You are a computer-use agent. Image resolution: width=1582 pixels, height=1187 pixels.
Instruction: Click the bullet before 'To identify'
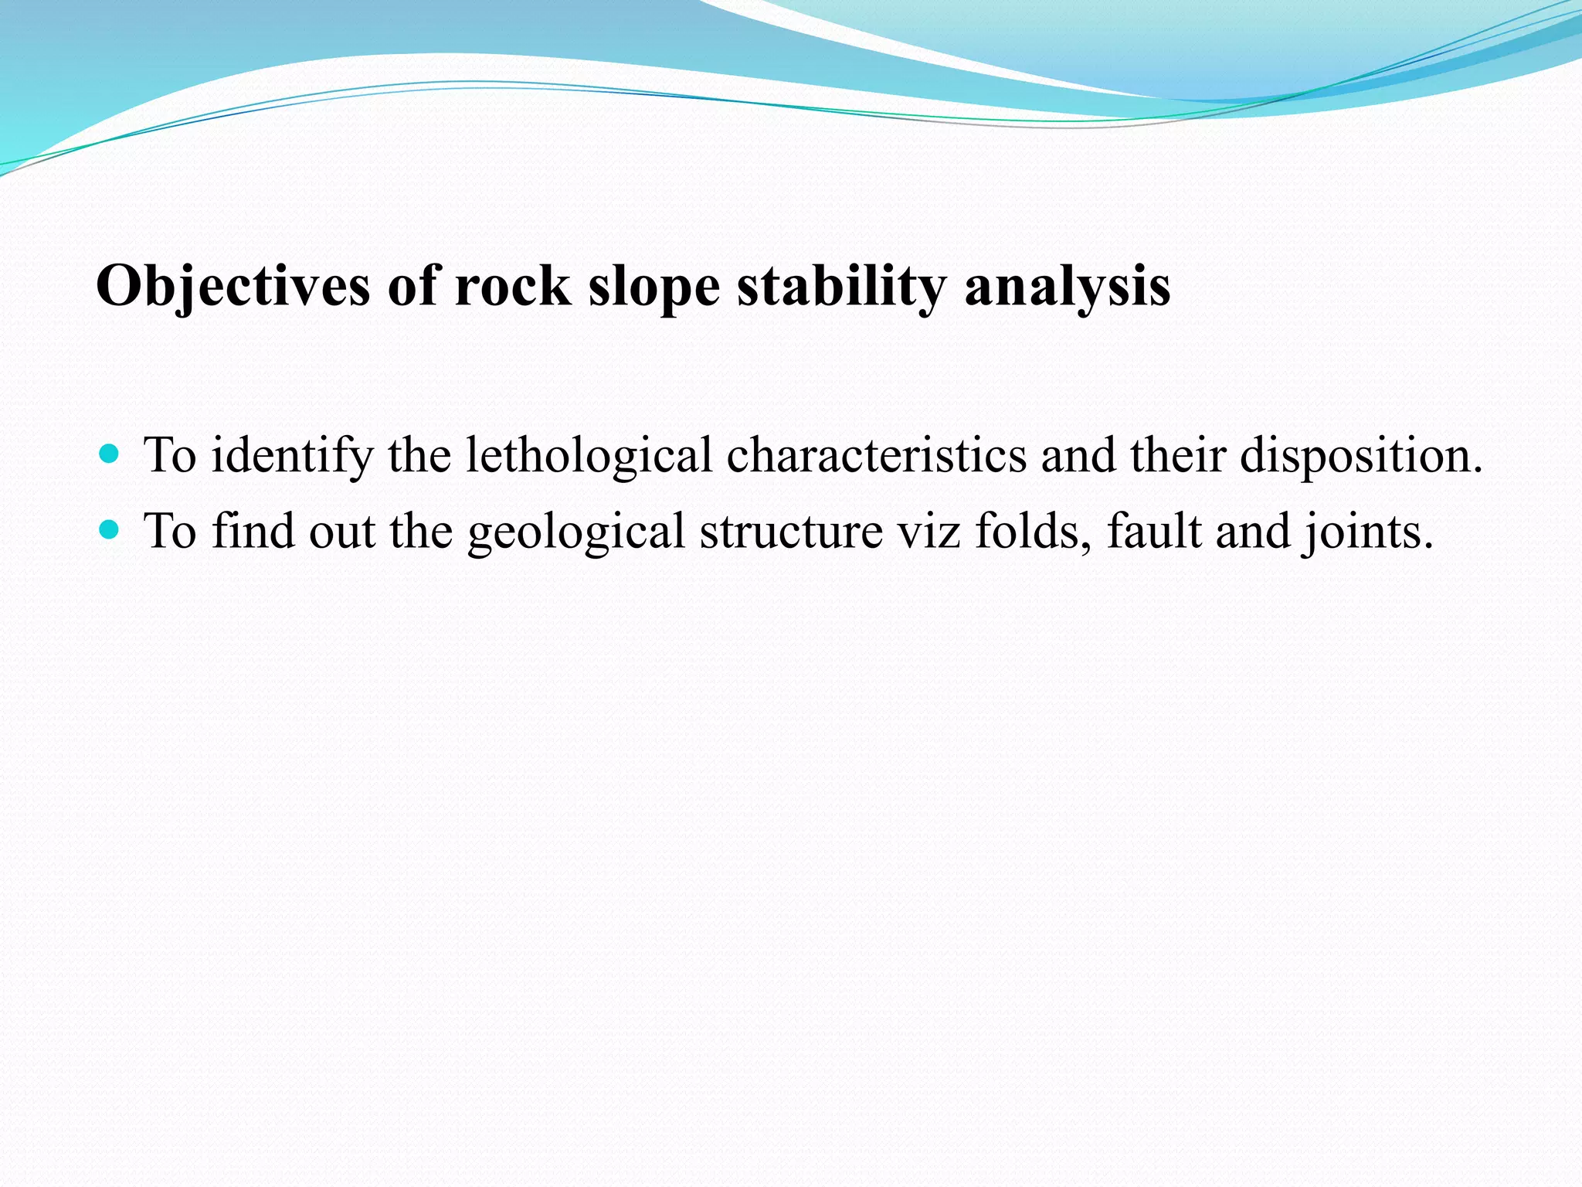[x=110, y=453]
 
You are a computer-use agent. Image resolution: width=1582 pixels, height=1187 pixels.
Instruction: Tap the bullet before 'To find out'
[x=110, y=529]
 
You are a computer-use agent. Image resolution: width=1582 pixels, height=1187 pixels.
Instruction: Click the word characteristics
[x=876, y=454]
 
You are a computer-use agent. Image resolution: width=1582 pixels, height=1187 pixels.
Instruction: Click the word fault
[x=1154, y=532]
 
